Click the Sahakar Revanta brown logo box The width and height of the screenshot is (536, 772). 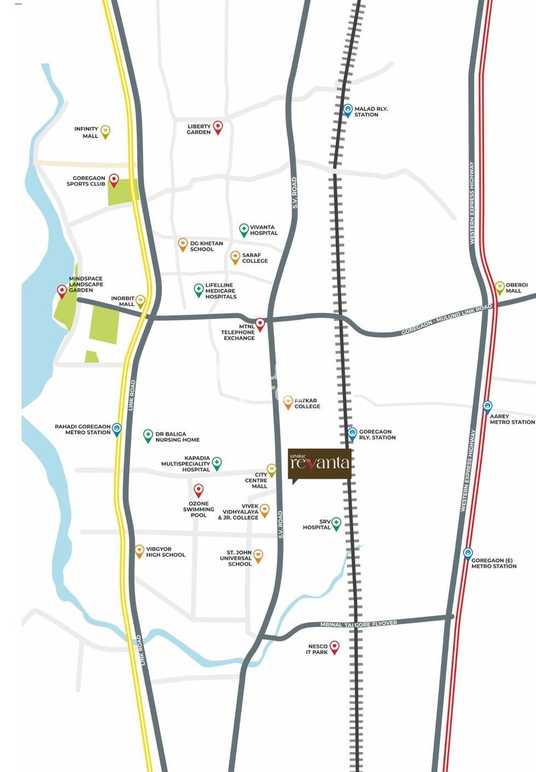click(319, 464)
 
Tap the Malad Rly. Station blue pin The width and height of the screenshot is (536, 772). click(348, 110)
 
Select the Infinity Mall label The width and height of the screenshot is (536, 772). click(86, 132)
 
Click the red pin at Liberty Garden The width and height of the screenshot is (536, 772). click(218, 127)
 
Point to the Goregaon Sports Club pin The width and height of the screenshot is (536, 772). click(114, 179)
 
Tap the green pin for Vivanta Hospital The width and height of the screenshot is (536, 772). click(244, 229)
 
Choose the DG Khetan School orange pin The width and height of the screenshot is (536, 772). click(183, 244)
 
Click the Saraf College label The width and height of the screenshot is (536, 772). click(255, 258)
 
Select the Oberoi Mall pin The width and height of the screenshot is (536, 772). click(499, 287)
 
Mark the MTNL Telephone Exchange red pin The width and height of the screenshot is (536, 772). click(260, 324)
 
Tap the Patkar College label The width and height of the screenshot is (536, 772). click(307, 404)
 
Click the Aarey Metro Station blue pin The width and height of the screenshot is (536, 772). click(487, 406)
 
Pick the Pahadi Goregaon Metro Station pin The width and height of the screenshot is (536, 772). click(116, 428)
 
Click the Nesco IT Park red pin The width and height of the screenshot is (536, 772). click(334, 647)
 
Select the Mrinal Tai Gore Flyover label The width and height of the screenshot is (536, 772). click(358, 624)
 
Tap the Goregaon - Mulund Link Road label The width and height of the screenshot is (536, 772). click(446, 320)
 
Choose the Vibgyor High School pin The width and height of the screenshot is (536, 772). click(139, 550)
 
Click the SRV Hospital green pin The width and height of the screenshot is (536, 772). click(336, 523)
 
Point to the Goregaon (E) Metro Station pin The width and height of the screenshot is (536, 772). click(468, 553)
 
